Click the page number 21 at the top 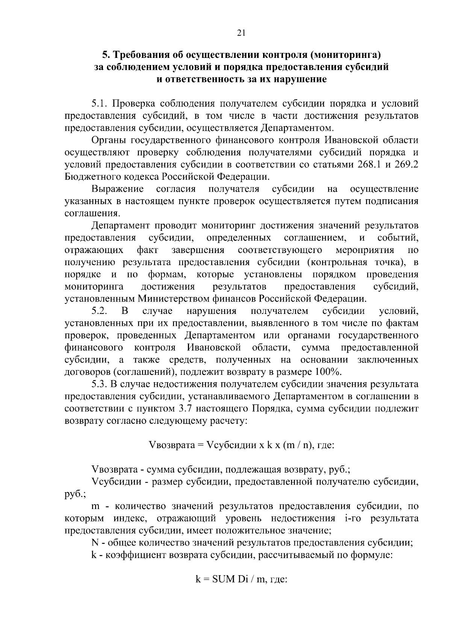click(x=241, y=33)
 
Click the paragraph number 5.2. click(x=100, y=311)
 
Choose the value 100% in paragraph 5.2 click(x=328, y=372)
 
